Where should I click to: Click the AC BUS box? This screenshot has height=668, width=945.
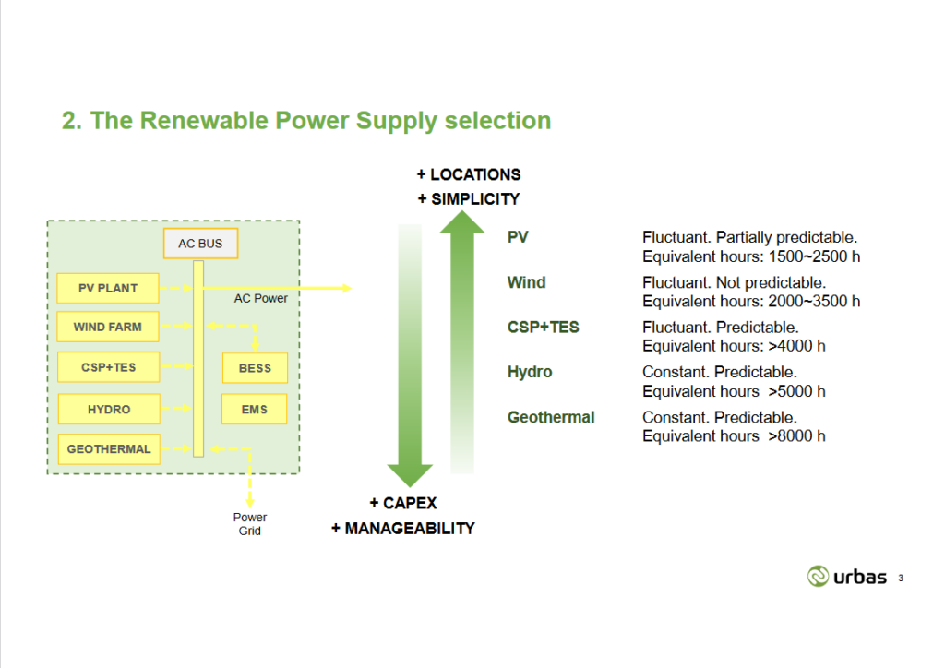click(x=200, y=244)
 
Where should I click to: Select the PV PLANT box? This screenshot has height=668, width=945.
click(x=108, y=288)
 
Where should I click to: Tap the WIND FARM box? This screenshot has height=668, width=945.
click(x=108, y=327)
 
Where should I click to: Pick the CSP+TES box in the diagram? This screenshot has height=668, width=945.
click(x=108, y=367)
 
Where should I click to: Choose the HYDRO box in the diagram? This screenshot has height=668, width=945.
click(x=108, y=409)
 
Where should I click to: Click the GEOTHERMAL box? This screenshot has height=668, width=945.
click(x=108, y=449)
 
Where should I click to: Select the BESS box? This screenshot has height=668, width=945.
click(x=255, y=368)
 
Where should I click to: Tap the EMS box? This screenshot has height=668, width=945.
click(x=255, y=409)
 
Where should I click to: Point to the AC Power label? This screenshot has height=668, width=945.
click(x=260, y=298)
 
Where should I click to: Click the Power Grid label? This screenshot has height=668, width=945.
click(x=250, y=524)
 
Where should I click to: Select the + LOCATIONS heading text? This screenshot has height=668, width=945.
click(x=468, y=174)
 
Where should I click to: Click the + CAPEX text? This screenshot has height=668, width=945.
click(x=403, y=503)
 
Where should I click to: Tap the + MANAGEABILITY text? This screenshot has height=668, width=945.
click(x=403, y=529)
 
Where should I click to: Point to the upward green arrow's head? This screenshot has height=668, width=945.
click(x=461, y=222)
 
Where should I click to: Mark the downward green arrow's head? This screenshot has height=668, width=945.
click(x=410, y=474)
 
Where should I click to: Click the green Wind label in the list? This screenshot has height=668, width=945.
click(x=526, y=282)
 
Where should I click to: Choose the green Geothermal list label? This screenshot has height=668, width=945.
click(x=551, y=417)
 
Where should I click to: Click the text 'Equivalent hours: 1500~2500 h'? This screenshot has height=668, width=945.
click(x=751, y=256)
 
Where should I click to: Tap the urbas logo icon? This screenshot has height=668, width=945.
click(x=819, y=577)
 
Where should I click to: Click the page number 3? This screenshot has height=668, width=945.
click(x=901, y=579)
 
